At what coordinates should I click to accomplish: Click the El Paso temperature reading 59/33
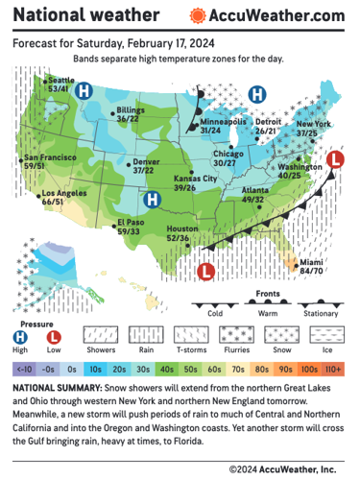pyautogui.click(x=131, y=231)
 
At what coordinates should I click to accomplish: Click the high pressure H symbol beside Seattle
pyautogui.click(x=84, y=91)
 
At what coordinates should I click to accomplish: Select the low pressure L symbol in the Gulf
pyautogui.click(x=204, y=272)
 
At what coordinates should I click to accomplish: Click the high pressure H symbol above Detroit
pyautogui.click(x=256, y=94)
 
